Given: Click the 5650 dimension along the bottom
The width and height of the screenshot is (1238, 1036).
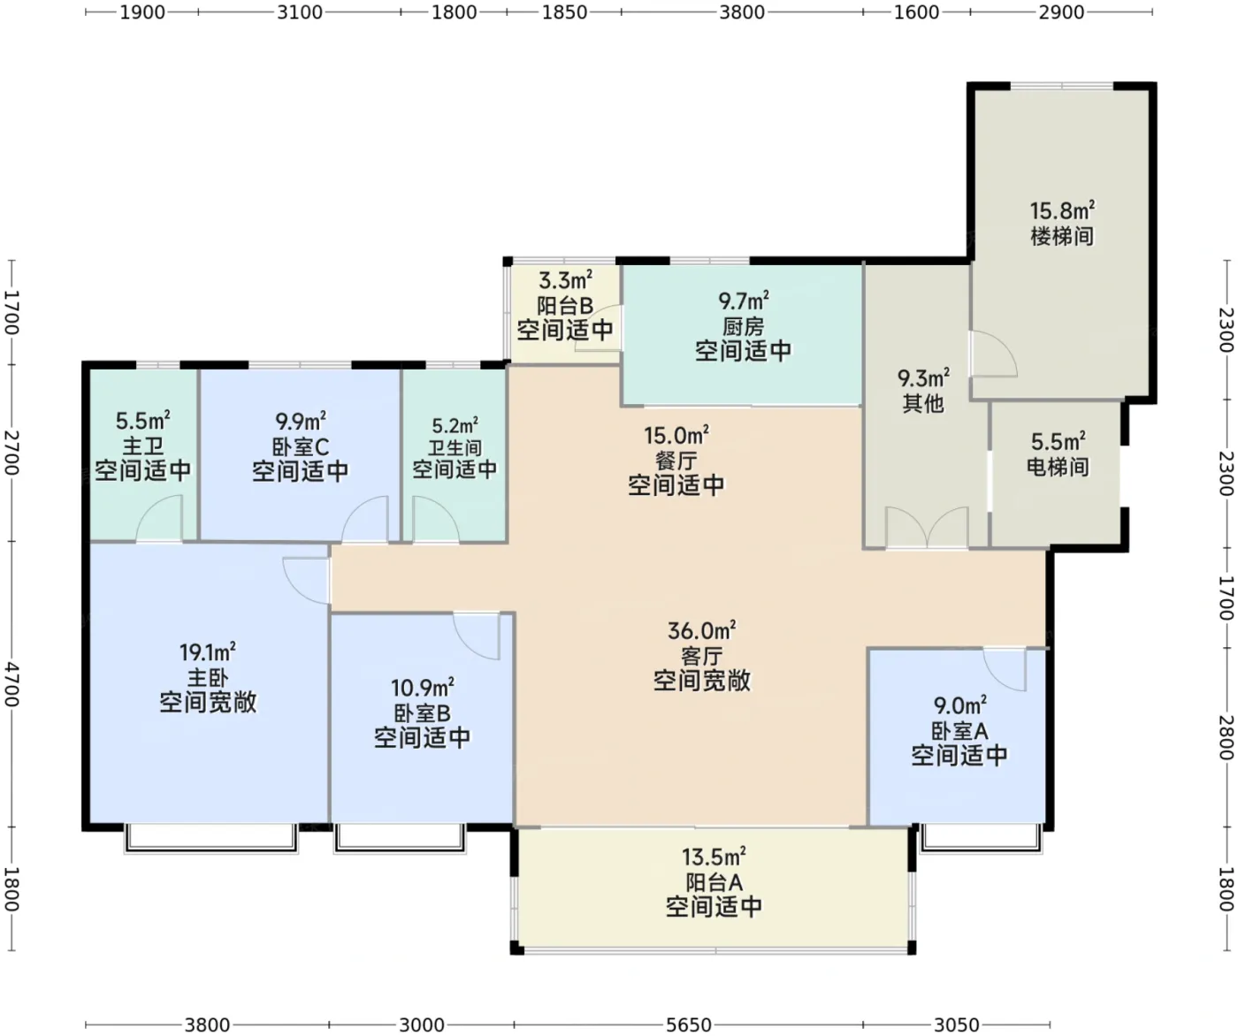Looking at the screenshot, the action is tap(688, 1025).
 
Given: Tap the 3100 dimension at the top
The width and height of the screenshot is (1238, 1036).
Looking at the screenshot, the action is tap(300, 11).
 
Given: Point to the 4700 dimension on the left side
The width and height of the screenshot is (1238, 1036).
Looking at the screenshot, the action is tap(11, 685).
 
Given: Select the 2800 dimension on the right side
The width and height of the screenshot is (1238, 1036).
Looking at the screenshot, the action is tap(1226, 737).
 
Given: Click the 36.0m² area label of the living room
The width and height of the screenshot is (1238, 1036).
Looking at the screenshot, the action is tap(701, 630).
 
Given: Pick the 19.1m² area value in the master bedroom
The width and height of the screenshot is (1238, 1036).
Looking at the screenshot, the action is tap(208, 652).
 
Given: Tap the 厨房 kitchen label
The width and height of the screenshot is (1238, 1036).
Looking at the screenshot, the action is tap(743, 326).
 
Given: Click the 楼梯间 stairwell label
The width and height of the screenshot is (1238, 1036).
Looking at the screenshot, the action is tap(1062, 237).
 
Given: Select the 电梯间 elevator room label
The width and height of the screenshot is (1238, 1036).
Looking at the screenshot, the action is tap(1058, 467).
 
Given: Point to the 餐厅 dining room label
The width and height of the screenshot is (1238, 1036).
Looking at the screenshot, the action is tap(676, 461).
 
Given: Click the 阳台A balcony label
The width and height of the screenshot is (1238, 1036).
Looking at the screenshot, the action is tap(714, 882).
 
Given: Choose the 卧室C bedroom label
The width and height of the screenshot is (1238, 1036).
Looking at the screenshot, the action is tap(300, 446).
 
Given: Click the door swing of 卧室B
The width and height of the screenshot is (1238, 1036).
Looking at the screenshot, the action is tap(477, 636).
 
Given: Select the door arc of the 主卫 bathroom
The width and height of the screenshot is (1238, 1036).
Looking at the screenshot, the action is tap(159, 518).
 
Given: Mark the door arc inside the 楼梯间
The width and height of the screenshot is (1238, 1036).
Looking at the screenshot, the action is tap(994, 354).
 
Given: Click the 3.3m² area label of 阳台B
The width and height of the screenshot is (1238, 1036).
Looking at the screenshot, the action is tap(565, 279).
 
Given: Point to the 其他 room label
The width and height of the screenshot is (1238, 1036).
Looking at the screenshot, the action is tap(923, 403).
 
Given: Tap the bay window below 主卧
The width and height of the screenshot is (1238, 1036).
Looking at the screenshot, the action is tap(211, 838).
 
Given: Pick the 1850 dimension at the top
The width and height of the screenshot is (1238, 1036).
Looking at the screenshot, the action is tap(564, 11).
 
